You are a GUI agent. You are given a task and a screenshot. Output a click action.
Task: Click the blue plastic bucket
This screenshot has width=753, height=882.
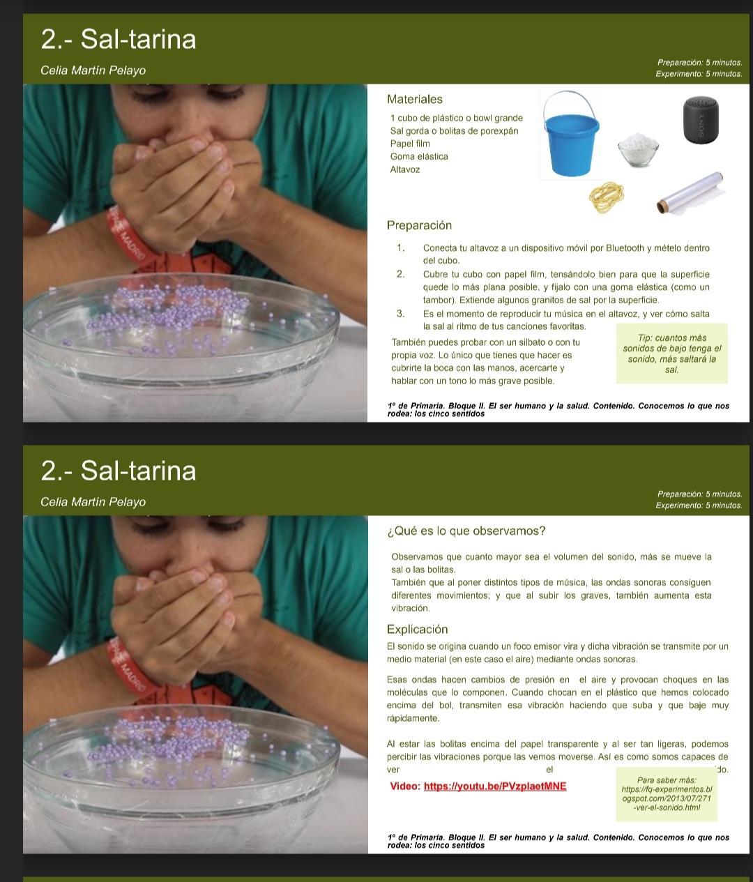tap(571, 136)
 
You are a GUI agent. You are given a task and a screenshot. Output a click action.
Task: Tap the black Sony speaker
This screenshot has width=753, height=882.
tap(701, 120)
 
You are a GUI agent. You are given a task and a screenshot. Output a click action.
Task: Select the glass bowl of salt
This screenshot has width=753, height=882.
tap(638, 149)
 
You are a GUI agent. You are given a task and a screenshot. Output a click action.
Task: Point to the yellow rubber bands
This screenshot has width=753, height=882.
tap(607, 197)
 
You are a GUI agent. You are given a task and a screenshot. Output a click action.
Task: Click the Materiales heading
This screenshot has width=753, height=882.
tap(414, 100)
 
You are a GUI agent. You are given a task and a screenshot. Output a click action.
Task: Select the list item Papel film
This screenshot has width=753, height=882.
tap(409, 144)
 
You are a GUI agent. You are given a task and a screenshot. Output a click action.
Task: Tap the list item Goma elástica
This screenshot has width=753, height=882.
tap(419, 157)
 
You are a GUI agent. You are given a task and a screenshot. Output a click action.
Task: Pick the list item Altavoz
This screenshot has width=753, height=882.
tap(405, 169)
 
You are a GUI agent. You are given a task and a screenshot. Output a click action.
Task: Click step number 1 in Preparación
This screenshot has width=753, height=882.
tap(400, 248)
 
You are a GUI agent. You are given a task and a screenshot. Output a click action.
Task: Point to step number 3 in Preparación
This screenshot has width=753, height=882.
tap(400, 314)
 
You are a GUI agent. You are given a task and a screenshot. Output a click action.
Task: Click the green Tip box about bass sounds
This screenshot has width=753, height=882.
tap(671, 353)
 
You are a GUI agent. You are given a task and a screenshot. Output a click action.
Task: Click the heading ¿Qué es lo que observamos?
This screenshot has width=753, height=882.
tap(466, 531)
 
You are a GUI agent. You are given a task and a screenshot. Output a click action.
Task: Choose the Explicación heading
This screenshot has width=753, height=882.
tap(417, 630)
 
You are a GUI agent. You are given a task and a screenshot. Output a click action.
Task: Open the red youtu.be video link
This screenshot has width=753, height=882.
tap(495, 786)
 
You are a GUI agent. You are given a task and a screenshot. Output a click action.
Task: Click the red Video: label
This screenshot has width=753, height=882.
tap(405, 786)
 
